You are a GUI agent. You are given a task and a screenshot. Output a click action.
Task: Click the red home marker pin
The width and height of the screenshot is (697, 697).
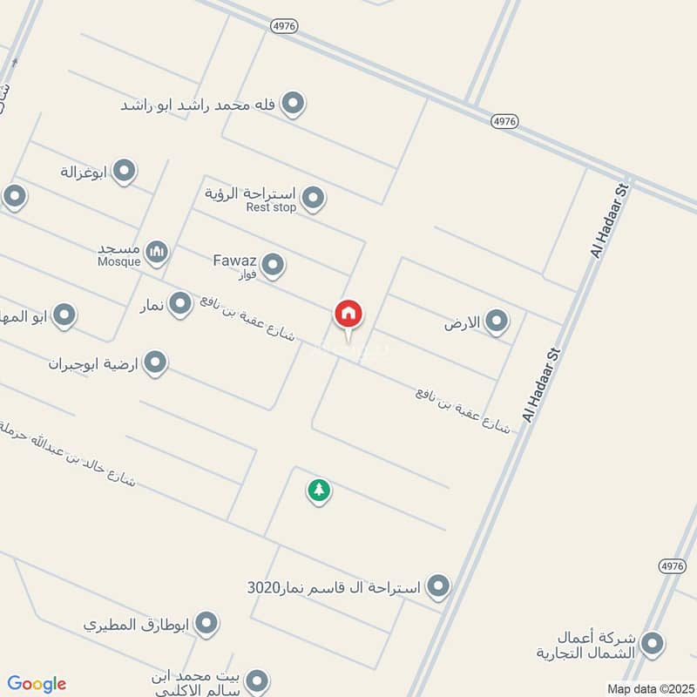(x=348, y=314)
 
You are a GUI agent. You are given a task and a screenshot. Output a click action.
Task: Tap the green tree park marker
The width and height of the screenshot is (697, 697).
(x=319, y=491)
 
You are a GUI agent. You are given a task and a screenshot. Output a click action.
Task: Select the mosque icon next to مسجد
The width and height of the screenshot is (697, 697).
(x=157, y=253)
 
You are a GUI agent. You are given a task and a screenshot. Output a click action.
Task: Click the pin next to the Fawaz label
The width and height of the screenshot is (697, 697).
(x=273, y=265)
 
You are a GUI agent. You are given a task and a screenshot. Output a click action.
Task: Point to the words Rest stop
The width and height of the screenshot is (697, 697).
(x=271, y=207)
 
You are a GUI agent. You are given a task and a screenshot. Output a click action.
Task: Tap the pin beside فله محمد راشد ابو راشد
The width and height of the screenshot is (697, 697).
(x=294, y=105)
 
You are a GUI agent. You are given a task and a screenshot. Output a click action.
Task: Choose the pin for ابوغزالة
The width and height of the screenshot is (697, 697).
(x=124, y=172)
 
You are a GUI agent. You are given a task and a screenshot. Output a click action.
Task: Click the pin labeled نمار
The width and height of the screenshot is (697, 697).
(x=180, y=304)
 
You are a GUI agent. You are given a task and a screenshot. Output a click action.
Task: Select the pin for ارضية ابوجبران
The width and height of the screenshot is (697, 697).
(x=155, y=362)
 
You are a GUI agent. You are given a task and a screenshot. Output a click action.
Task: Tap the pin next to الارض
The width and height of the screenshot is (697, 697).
(x=497, y=322)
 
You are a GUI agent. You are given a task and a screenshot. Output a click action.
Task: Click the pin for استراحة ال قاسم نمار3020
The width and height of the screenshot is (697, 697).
(x=437, y=586)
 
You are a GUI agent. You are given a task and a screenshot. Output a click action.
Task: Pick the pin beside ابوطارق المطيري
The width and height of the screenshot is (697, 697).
(x=206, y=624)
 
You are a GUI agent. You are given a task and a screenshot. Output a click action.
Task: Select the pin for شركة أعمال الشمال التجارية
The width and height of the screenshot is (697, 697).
(x=651, y=645)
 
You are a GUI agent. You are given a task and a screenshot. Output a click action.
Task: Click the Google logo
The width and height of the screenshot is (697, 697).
(x=37, y=684)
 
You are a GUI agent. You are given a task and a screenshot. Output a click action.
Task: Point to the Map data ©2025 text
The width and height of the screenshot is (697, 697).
(x=649, y=689)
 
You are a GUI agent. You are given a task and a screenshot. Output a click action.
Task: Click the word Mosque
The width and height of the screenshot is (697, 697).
(x=118, y=261)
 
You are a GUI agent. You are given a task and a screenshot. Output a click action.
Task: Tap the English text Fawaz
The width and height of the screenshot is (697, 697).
(x=233, y=259)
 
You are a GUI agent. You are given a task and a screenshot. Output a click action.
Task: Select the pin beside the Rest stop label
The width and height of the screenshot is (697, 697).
(x=313, y=199)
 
